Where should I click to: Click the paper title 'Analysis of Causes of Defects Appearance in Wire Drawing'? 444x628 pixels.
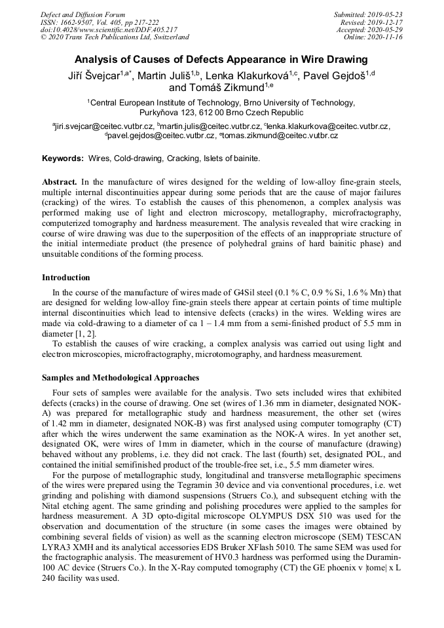click(x=221, y=60)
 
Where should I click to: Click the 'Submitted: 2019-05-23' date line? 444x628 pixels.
click(x=368, y=14)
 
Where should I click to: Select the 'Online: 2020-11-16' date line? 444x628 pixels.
click(x=373, y=37)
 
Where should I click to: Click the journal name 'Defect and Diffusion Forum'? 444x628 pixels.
click(x=83, y=14)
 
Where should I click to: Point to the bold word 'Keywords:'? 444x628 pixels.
click(x=63, y=158)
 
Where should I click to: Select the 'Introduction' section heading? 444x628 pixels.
click(x=66, y=278)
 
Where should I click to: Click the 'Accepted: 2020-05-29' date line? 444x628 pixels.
click(x=369, y=29)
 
